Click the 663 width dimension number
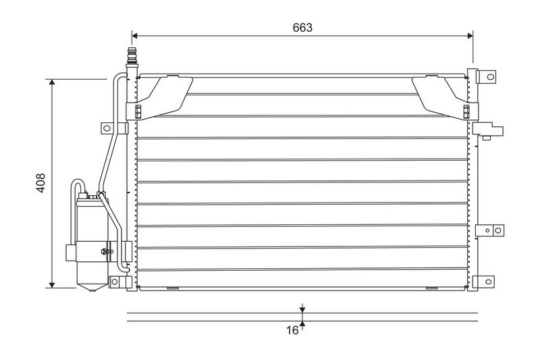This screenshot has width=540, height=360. coord(302,28)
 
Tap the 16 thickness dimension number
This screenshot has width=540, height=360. coord(292,330)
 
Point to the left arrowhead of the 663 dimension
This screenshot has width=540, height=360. coord(136,34)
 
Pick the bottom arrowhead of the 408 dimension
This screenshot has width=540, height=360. coord(52,284)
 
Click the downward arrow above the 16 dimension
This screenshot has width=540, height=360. coord(302,309)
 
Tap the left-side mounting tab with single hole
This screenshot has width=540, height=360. coord(107,128)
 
